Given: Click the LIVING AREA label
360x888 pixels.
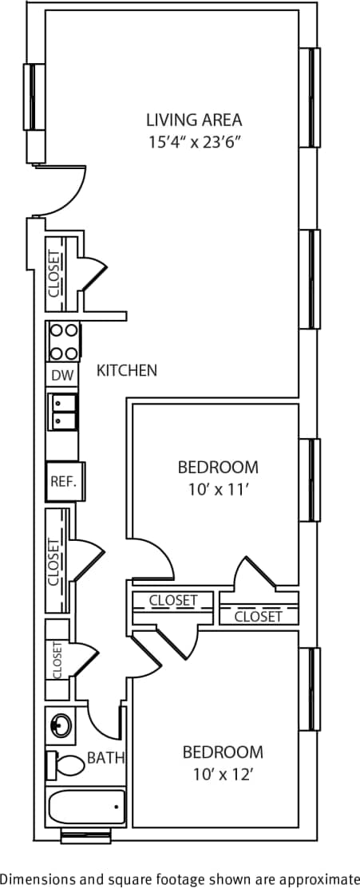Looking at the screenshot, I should pyautogui.click(x=193, y=120).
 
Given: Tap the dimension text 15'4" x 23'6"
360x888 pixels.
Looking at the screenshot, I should pyautogui.click(x=193, y=143).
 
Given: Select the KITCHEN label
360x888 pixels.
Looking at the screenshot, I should pyautogui.click(x=126, y=370).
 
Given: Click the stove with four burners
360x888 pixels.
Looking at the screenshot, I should pyautogui.click(x=63, y=341).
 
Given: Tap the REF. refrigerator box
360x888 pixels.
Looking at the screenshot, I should pyautogui.click(x=63, y=481).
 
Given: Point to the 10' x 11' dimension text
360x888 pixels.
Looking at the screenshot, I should pyautogui.click(x=218, y=489).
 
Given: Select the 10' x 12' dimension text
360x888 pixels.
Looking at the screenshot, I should pyautogui.click(x=223, y=773).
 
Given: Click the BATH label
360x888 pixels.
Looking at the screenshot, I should pyautogui.click(x=105, y=758).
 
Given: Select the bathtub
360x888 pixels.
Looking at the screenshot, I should pyautogui.click(x=86, y=808).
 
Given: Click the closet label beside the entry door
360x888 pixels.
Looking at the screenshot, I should pyautogui.click(x=54, y=274).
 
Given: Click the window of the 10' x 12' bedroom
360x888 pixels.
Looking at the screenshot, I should pyautogui.click(x=314, y=689).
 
